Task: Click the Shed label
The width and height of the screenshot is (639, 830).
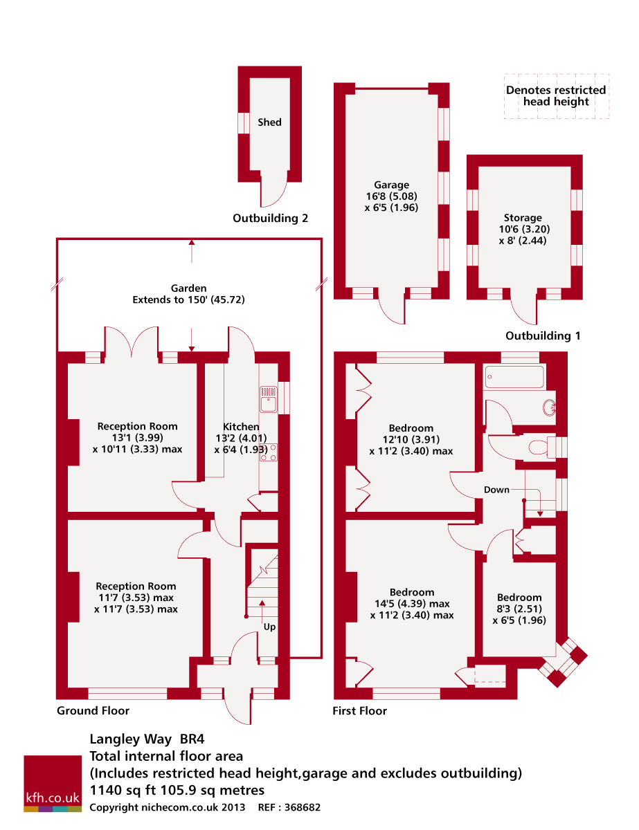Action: [x=269, y=122]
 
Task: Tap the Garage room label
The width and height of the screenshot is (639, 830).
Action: [x=391, y=185]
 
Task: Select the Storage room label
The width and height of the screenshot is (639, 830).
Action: [x=523, y=218]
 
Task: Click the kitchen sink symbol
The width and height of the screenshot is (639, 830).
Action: [x=269, y=399]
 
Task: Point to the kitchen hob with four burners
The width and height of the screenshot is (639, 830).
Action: [x=269, y=452]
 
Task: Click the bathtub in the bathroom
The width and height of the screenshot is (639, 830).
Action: [x=514, y=377]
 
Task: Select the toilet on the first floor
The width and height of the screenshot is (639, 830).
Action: [x=542, y=447]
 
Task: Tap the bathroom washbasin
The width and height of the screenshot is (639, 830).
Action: [x=549, y=407]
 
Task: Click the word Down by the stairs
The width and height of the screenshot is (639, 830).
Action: [x=496, y=490]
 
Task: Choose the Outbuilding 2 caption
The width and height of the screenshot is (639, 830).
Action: [x=270, y=218]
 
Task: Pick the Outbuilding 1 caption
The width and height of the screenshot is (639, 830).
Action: [x=543, y=335]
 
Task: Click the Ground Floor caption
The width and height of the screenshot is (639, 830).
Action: [x=93, y=710]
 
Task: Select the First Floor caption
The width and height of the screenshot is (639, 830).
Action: [x=359, y=710]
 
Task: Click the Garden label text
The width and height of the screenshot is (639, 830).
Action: [x=188, y=288]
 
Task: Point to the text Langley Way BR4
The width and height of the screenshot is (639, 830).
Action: [x=147, y=739]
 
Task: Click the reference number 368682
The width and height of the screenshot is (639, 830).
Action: [x=303, y=807]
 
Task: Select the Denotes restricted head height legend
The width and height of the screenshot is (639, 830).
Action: [x=556, y=95]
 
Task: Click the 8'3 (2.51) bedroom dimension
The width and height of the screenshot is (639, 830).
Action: [x=519, y=609]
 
